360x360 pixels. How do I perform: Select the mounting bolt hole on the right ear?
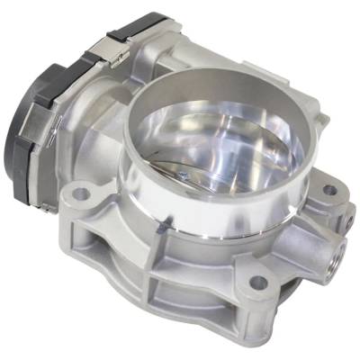(x=329, y=191)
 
